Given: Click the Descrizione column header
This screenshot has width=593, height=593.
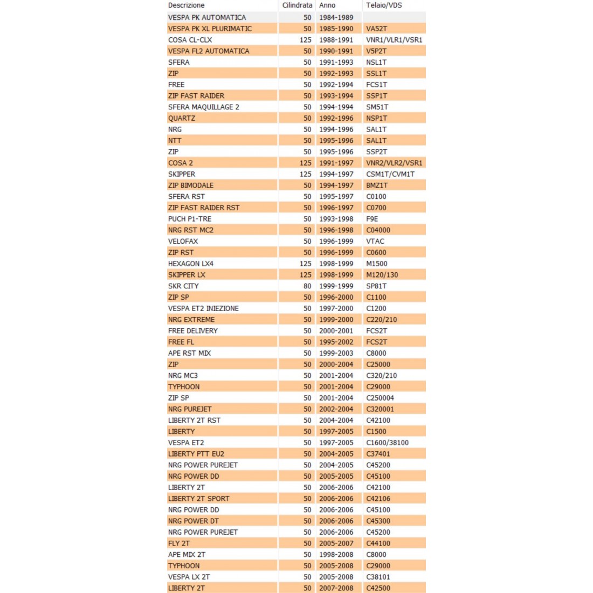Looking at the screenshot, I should tap(186, 5).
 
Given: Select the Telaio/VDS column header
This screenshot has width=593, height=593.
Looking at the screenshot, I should tap(384, 5).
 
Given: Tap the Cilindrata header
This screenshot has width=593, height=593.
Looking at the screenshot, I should tap(297, 5).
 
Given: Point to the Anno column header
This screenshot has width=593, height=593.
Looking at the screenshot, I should tap(327, 5).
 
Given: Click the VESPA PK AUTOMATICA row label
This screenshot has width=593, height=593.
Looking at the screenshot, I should tap(207, 17).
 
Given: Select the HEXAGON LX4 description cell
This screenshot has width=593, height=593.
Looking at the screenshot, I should tap(191, 264).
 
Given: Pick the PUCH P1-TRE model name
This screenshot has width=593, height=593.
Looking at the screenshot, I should tap(190, 219).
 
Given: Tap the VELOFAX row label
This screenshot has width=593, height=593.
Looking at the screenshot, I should tap(183, 241).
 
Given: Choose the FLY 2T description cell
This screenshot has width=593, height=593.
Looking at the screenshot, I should tap(179, 543).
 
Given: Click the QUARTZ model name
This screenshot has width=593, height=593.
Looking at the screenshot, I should tap(182, 118).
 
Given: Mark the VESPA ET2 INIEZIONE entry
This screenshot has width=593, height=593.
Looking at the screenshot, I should tap(203, 308).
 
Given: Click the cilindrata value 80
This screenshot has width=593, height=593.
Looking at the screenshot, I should tap(307, 286).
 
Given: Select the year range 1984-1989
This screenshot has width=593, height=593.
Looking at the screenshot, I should tap(336, 17).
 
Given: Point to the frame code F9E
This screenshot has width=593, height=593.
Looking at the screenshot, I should tap(372, 219).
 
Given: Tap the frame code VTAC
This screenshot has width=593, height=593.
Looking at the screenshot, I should tap(375, 241).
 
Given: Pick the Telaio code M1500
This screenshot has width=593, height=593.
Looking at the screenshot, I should tap(377, 264).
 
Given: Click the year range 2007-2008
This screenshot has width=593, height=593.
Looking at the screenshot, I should tap(336, 588).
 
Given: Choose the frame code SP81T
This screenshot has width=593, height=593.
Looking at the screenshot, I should tap(376, 286).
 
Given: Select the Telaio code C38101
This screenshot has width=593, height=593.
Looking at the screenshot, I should tap(378, 577).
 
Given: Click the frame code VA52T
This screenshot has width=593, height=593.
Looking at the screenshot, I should tap(376, 29).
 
